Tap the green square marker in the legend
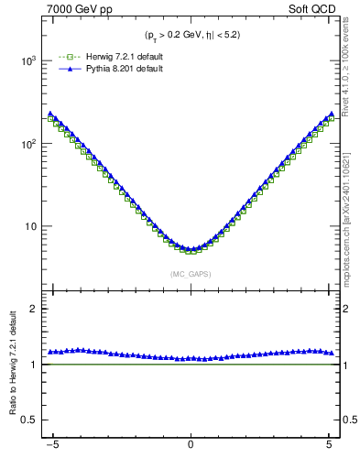(x=64, y=57)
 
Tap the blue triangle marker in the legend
(x=64, y=69)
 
